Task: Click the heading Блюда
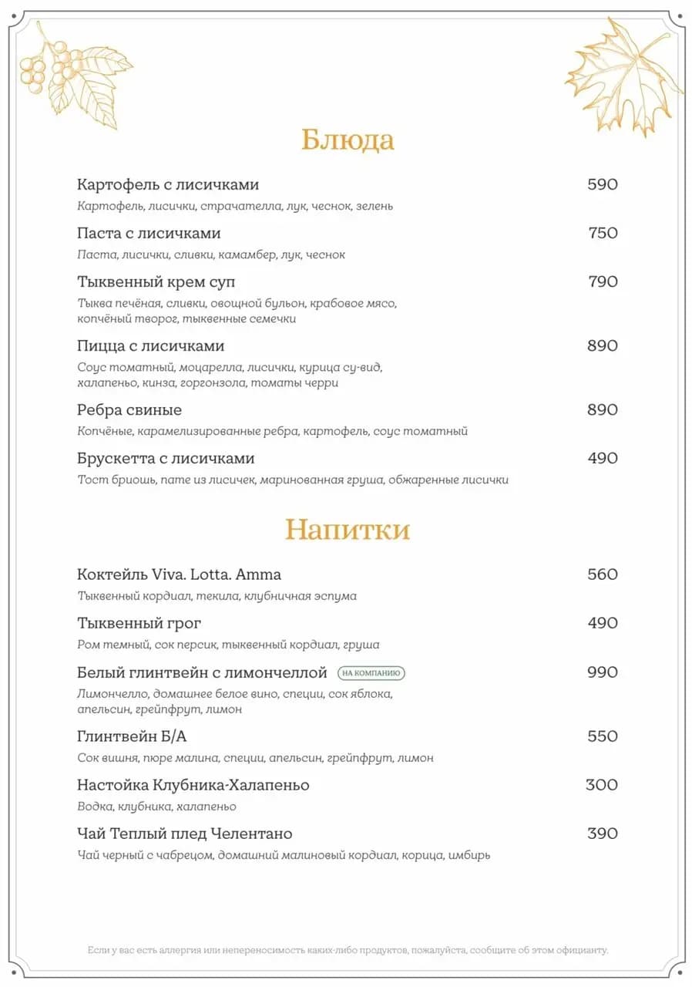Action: tap(348, 140)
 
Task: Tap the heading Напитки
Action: tap(347, 530)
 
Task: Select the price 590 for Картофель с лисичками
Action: tap(603, 184)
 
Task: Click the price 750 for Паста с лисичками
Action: tap(603, 233)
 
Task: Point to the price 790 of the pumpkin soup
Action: tap(603, 281)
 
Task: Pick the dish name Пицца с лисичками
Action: tap(151, 345)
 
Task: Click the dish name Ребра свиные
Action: tap(129, 409)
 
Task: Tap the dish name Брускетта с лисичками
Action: tap(166, 458)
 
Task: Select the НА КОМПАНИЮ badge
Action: tap(371, 673)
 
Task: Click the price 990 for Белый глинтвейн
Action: tap(603, 672)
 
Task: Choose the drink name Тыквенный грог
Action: tap(139, 623)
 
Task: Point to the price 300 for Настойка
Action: tap(602, 785)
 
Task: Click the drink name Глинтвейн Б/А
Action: tap(132, 736)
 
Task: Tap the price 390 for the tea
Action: tap(603, 834)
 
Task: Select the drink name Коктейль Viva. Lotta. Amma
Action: tap(179, 574)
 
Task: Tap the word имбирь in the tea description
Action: tap(470, 855)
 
